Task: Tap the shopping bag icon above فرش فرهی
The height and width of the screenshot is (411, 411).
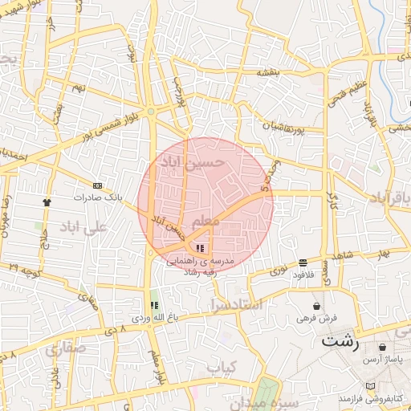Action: (x=318, y=307)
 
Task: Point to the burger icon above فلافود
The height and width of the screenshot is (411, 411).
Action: (x=303, y=262)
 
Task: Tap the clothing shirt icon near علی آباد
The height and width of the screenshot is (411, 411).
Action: (x=47, y=202)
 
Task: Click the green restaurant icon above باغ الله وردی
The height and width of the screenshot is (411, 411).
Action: (x=154, y=305)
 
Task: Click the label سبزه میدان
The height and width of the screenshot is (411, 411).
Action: (x=272, y=401)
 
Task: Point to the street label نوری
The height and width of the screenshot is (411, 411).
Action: (x=277, y=271)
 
